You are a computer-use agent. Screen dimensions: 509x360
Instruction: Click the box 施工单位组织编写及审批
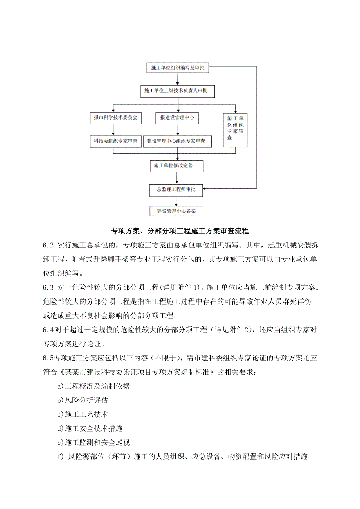coord(177,68)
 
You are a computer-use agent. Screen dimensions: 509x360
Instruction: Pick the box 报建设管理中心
coord(177,117)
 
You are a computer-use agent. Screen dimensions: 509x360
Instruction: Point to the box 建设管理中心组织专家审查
coord(177,141)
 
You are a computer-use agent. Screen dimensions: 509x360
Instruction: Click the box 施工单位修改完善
coord(177,166)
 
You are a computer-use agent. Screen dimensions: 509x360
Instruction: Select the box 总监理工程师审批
coord(177,190)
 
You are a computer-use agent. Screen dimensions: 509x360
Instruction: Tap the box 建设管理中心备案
coord(177,211)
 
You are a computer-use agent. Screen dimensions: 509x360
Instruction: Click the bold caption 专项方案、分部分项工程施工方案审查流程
coord(180,231)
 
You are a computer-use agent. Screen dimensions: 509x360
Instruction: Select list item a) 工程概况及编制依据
coord(93,386)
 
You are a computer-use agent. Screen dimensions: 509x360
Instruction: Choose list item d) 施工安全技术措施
coord(90,428)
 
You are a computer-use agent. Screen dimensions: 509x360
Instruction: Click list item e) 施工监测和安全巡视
coord(93,443)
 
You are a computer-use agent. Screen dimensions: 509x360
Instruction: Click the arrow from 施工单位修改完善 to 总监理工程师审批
coord(177,178)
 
